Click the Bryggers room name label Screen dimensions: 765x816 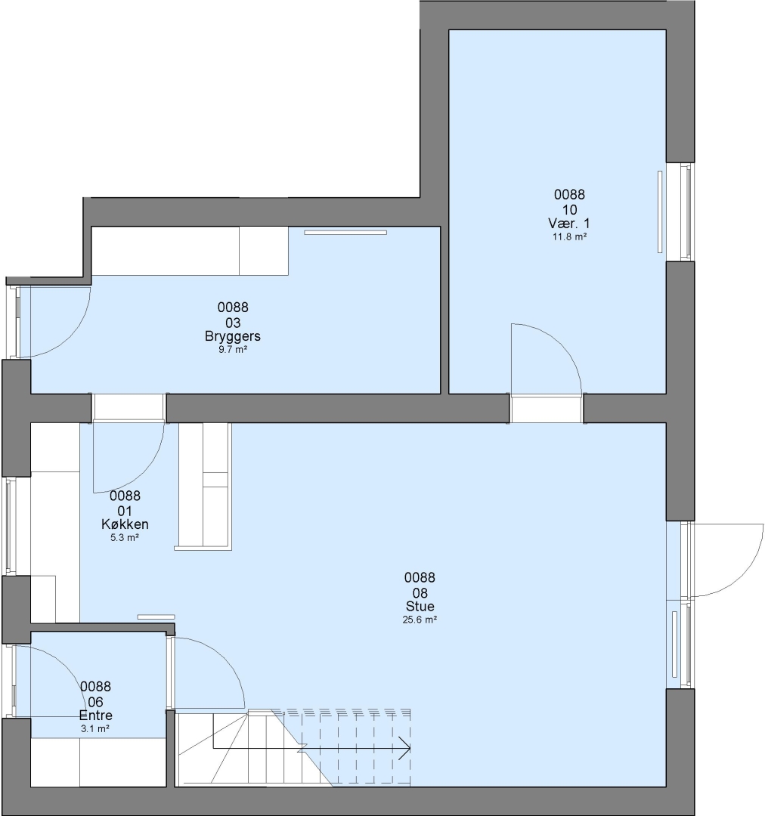point(232,337)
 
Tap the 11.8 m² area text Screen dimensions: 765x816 point(569,236)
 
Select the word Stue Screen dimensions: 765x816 point(420,606)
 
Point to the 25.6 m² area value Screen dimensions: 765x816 point(420,620)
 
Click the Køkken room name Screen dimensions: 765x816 point(125,524)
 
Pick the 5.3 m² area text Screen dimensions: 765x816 point(125,538)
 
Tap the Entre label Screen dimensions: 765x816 point(95,715)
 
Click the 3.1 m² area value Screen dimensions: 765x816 point(95,728)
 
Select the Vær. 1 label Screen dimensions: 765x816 point(569,223)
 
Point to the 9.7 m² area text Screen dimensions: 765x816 point(232,350)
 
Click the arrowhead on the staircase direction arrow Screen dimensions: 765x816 point(406,748)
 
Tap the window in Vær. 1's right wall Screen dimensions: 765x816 point(687,212)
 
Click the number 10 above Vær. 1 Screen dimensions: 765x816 point(569,210)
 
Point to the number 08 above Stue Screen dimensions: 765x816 point(420,593)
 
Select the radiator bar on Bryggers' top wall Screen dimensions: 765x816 point(345,233)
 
